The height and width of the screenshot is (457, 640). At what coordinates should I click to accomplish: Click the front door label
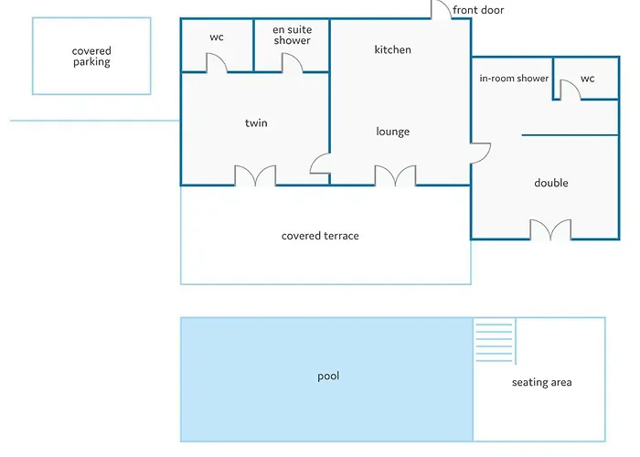[x=478, y=10]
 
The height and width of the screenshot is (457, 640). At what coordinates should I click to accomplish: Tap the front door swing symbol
[x=440, y=10]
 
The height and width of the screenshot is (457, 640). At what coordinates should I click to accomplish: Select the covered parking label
[x=91, y=57]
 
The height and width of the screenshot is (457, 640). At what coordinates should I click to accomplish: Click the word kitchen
[x=393, y=49]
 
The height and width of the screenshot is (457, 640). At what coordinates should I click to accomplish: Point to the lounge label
[x=393, y=132]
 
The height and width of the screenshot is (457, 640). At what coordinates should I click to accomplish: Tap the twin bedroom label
[x=256, y=123]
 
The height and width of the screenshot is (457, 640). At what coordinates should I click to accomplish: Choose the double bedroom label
[x=551, y=183]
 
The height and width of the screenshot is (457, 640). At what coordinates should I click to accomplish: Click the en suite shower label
[x=292, y=36]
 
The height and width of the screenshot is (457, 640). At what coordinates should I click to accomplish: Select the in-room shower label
[x=514, y=79]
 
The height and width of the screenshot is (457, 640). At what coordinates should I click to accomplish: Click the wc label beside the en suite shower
[x=217, y=37]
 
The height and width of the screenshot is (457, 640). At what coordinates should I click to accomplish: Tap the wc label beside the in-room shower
[x=588, y=79]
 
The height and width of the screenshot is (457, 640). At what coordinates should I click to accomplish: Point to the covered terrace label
[x=320, y=236]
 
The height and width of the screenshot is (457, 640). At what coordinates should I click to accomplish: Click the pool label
[x=328, y=376]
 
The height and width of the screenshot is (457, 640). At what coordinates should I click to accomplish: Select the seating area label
[x=542, y=382]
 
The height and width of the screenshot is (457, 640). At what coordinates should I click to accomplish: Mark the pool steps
[x=495, y=341]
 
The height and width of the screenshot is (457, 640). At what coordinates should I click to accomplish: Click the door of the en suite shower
[x=292, y=63]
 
